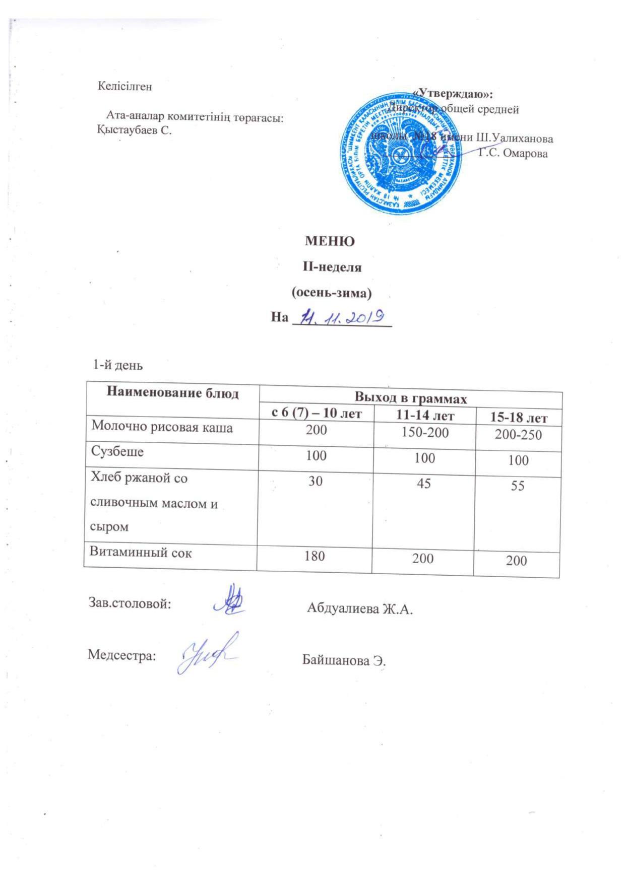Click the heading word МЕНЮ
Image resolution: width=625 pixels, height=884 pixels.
[330, 241]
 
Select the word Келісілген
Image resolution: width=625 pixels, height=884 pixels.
[125, 86]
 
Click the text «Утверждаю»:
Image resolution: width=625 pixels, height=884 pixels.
[452, 94]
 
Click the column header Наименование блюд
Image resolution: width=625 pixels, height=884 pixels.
[172, 393]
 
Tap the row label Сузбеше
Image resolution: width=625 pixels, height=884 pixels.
[117, 451]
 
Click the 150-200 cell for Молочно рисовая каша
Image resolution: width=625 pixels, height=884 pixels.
[423, 432]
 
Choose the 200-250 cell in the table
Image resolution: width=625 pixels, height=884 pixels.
[518, 435]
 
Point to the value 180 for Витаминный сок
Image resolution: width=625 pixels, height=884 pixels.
[315, 556]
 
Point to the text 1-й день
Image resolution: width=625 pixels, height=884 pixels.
[117, 365]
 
